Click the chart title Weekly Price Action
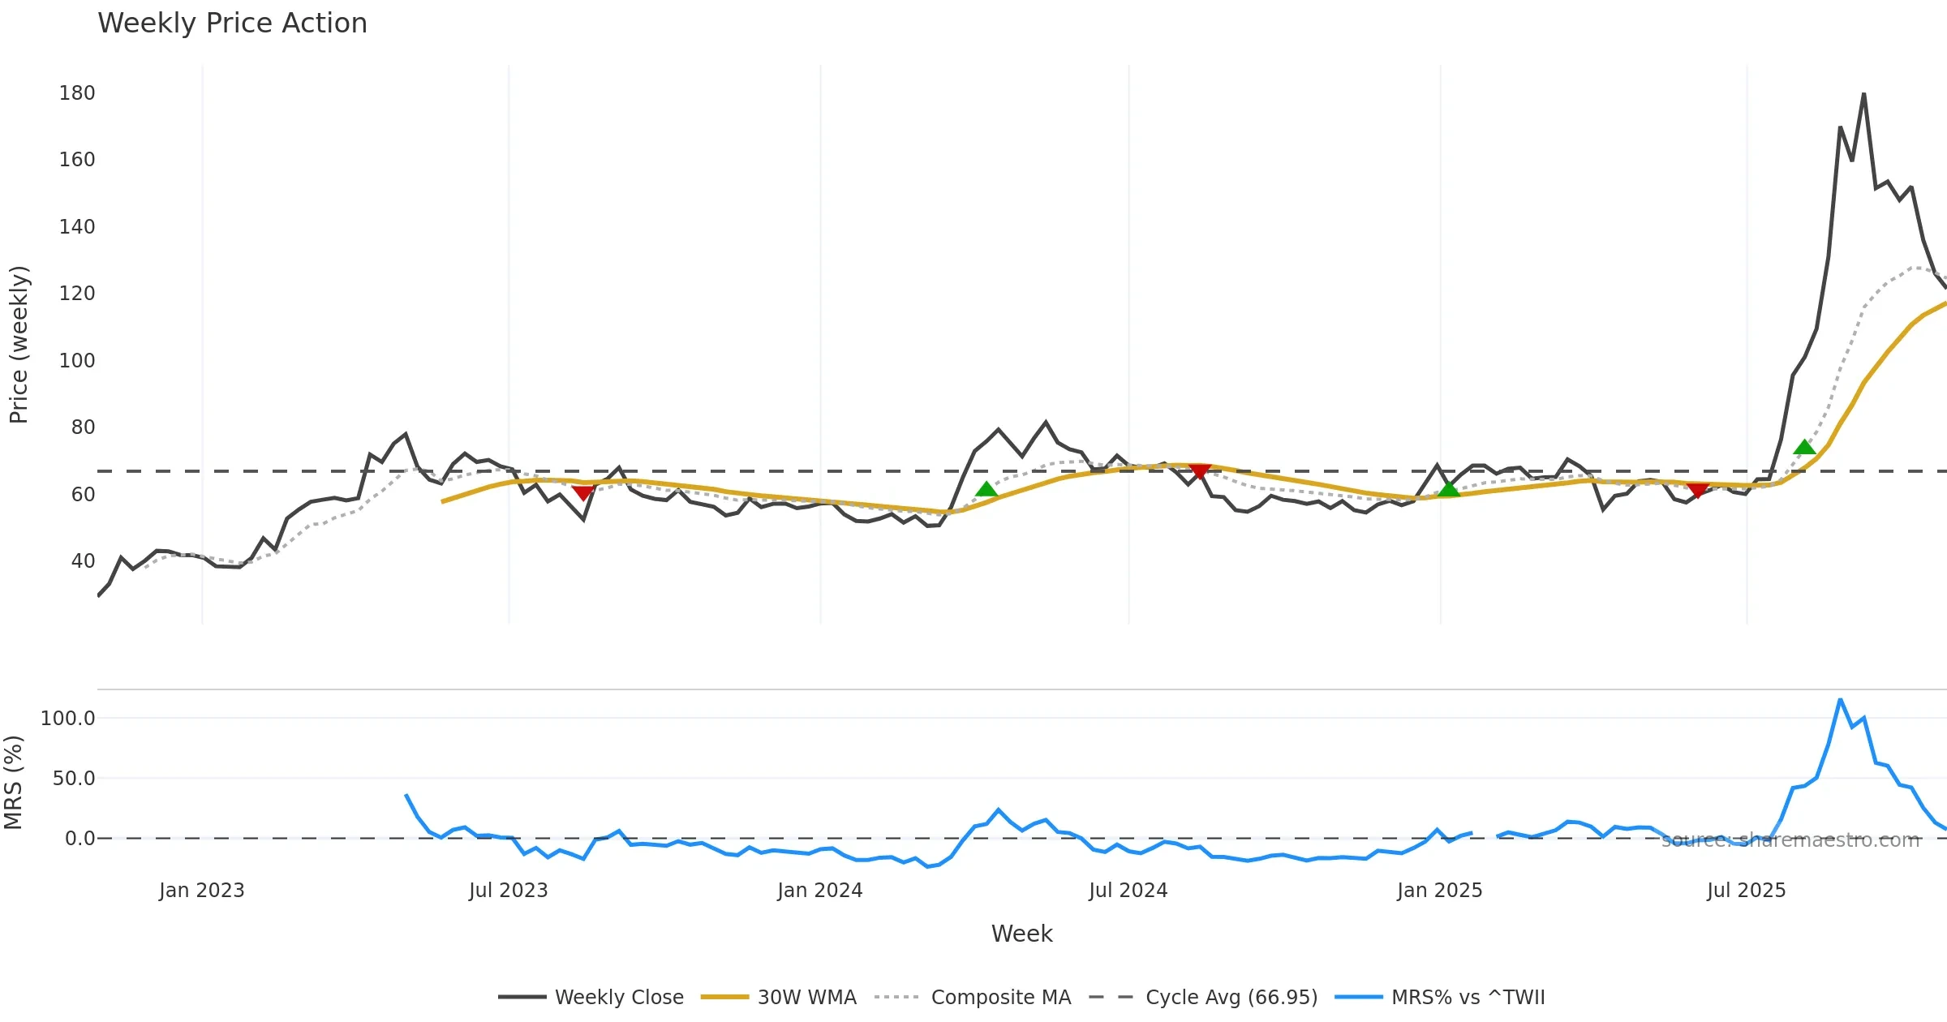[232, 24]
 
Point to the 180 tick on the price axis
[77, 93]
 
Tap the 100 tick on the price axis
[77, 360]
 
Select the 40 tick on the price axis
[83, 560]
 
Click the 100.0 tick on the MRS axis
[68, 718]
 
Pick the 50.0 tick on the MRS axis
[74, 779]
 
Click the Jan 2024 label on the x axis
[819, 891]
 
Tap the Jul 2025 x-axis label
[1746, 891]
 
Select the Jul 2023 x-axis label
[508, 891]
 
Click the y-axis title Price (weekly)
[19, 345]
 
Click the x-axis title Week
[1021, 934]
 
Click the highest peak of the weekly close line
[1863, 94]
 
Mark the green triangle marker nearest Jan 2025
[1449, 489]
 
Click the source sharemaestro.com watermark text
[1790, 840]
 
